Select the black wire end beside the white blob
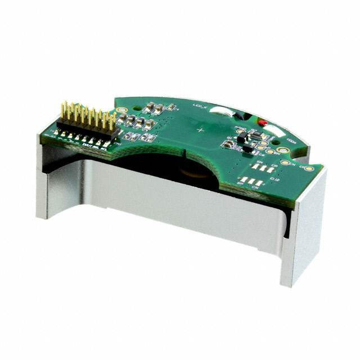click(243, 117)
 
